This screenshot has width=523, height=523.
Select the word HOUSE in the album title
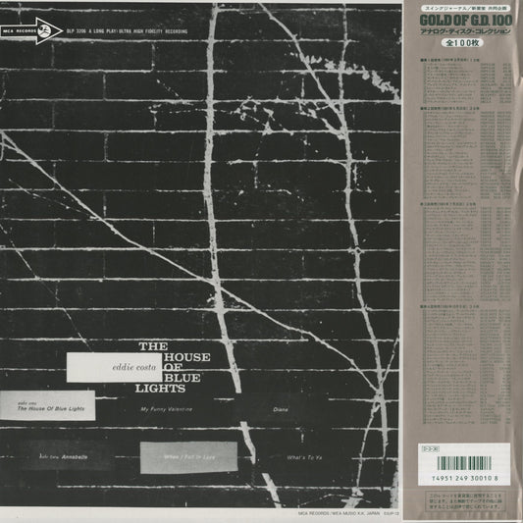(185, 356)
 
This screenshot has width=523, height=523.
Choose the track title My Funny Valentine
(173, 406)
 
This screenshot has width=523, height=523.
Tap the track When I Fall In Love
(187, 456)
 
